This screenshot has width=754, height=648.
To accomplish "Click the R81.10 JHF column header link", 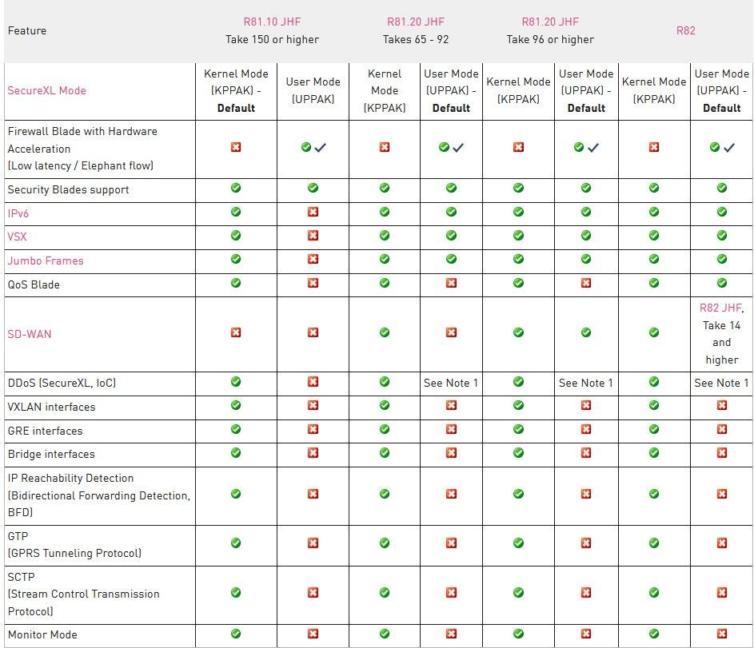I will (x=272, y=22).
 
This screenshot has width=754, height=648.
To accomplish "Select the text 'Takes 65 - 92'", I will (x=415, y=39).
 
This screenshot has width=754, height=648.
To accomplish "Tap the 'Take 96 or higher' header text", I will (x=550, y=39).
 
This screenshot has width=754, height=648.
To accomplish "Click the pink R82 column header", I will (x=686, y=30).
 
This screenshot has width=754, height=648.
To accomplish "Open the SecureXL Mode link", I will (x=46, y=90).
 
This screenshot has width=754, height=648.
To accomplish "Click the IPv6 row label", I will (x=18, y=213).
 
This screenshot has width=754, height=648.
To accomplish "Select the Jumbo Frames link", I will (x=46, y=260).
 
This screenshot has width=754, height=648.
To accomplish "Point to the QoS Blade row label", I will (x=34, y=284).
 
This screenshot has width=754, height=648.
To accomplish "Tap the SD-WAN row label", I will (x=30, y=334).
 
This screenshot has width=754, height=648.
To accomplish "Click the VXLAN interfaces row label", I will (x=51, y=407).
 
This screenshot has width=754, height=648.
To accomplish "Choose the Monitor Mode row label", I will (x=42, y=634).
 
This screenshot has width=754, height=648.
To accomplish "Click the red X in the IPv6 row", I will (x=313, y=213).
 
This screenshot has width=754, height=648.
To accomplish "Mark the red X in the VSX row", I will (x=313, y=237).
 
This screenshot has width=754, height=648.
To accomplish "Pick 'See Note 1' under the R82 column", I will (x=721, y=383).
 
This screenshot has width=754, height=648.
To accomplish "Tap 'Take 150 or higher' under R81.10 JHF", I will (x=272, y=39).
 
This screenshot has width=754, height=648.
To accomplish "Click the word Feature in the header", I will (x=27, y=30).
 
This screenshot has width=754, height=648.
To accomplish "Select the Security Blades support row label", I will (x=68, y=189).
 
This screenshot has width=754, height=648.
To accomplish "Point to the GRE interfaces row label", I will (x=46, y=431).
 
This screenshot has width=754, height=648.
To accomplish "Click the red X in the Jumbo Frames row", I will (x=313, y=260).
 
